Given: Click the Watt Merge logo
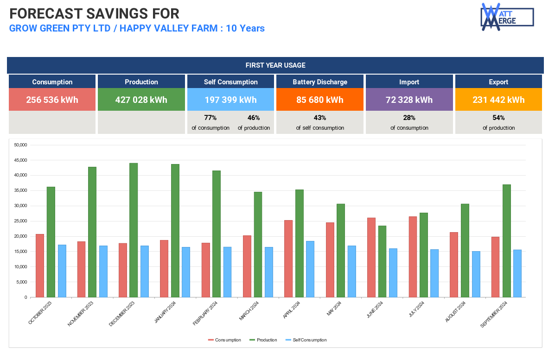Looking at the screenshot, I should pyautogui.click(x=507, y=17).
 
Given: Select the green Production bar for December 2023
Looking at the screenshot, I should pyautogui.click(x=134, y=230).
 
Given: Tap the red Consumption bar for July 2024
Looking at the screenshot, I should pyautogui.click(x=413, y=257).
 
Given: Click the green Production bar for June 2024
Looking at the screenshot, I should pyautogui.click(x=382, y=261).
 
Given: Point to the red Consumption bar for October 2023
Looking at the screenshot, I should pyautogui.click(x=40, y=265).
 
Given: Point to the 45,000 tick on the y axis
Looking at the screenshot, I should pyautogui.click(x=21, y=160).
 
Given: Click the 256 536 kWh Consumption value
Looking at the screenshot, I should pyautogui.click(x=52, y=100).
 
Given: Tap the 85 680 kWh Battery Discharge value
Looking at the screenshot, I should pyautogui.click(x=320, y=100).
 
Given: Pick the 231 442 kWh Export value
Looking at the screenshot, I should pyautogui.click(x=498, y=100).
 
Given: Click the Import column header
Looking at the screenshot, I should pyautogui.click(x=409, y=82).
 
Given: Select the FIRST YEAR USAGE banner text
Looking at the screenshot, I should pyautogui.click(x=275, y=65).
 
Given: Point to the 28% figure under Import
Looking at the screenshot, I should pyautogui.click(x=409, y=118).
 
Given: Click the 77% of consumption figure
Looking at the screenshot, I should pyautogui.click(x=211, y=118).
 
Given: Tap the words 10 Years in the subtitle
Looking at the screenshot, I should pyautogui.click(x=245, y=28).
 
